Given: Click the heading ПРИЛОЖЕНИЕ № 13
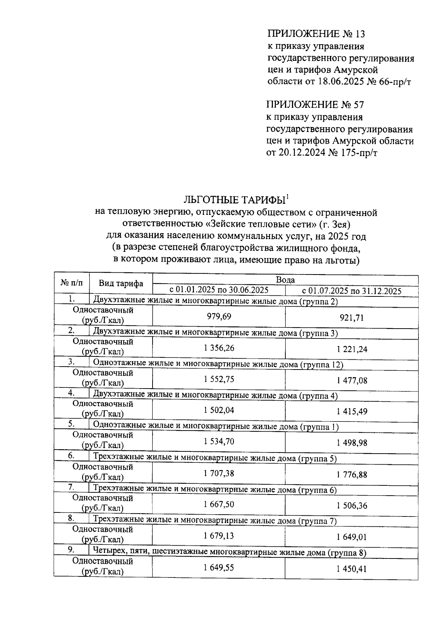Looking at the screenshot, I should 316,34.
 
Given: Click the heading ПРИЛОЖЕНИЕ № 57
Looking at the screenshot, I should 315,105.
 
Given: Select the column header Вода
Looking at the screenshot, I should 285,280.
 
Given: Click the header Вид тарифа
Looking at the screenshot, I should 121,284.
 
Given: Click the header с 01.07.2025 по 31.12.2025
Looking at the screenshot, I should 352,291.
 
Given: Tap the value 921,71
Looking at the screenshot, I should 352,318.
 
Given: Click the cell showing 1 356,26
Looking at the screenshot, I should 219,348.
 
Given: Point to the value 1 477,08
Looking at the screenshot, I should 352,380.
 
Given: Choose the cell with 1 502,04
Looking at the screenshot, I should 219,410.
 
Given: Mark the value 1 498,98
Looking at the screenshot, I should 352,443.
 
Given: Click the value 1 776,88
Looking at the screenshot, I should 352,475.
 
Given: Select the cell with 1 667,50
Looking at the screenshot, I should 219,504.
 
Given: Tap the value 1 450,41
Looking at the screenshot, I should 352,569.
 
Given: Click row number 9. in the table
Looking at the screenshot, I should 71,550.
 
